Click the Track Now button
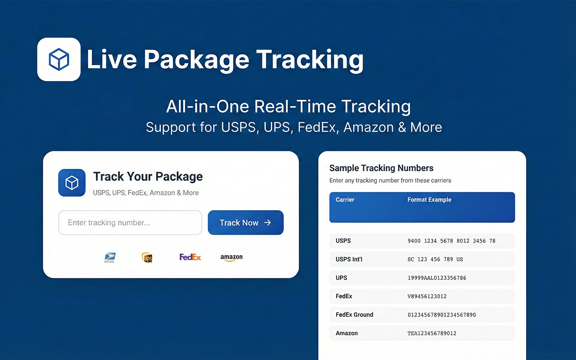coord(245,223)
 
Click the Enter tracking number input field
coord(130,223)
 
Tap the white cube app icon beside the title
coord(59,59)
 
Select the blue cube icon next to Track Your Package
coord(72,183)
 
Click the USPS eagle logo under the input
coord(109,257)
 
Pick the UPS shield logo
coord(147,257)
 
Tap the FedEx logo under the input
coord(190,257)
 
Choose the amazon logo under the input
coord(231,257)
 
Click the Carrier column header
coord(345,200)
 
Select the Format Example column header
coord(429,200)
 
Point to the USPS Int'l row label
coord(349,259)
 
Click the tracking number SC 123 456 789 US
coord(435,260)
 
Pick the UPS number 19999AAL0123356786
coord(436,278)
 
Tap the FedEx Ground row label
coord(354,315)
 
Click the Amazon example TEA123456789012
coord(432,333)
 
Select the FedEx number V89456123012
coord(427,297)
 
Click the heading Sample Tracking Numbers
coord(381,168)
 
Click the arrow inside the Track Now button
coord(267,222)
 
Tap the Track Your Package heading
coord(148,176)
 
